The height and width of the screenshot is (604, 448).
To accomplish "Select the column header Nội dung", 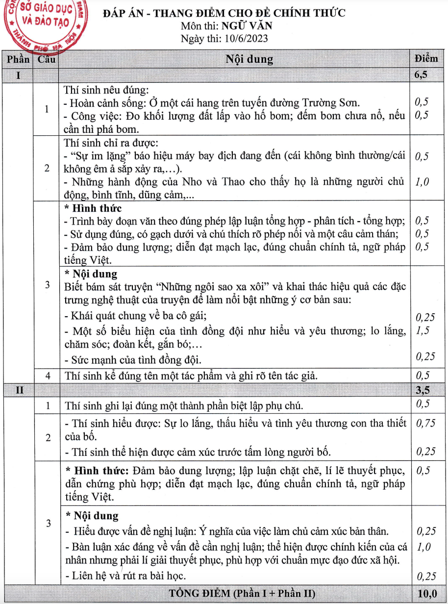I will [249, 60].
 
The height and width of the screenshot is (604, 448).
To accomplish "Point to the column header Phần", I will [18, 60].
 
